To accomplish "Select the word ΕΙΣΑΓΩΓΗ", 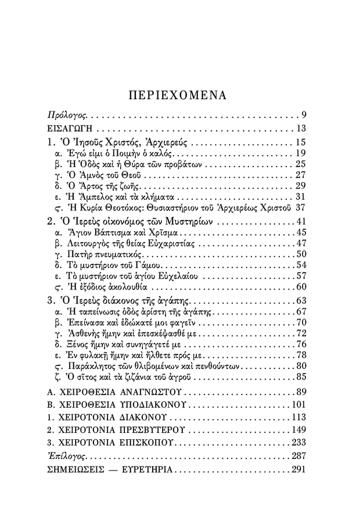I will coord(71,128).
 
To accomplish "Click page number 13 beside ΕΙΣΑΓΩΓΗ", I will coord(300,128).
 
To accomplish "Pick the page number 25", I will coord(300,164).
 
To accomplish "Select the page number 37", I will coord(300,207).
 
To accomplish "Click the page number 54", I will coord(300,265).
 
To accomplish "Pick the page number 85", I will coord(300,377).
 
